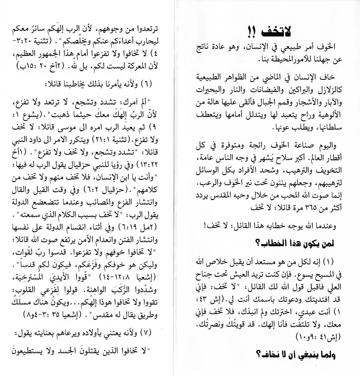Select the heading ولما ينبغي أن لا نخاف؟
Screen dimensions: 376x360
(296, 355)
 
